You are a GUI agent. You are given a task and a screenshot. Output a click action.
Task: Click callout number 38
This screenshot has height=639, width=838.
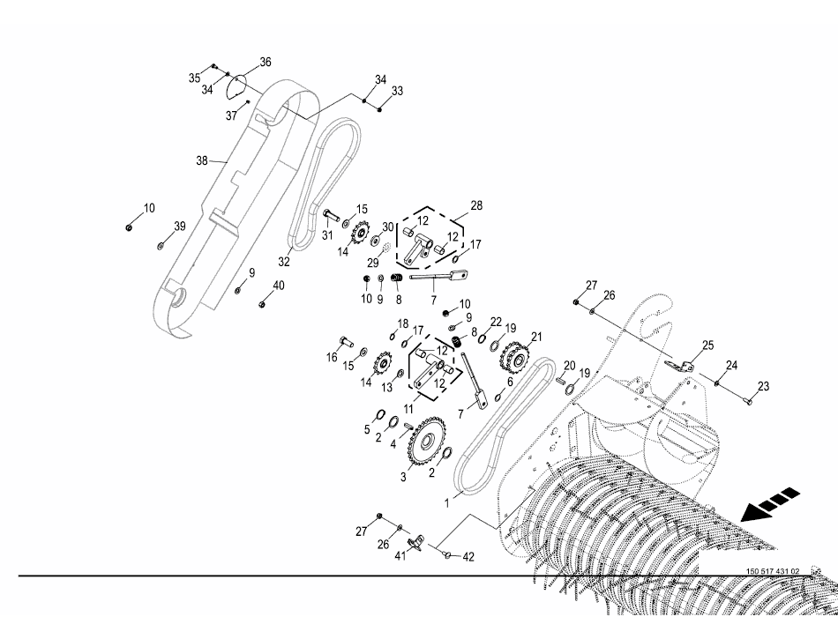[x=201, y=161]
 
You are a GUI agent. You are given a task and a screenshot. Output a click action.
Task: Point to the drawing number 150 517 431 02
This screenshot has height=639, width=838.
[x=773, y=571]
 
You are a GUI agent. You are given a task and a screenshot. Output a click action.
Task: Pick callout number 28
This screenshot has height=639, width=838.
[x=476, y=206]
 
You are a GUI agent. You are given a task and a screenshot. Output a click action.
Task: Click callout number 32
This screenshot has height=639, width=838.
[x=284, y=262]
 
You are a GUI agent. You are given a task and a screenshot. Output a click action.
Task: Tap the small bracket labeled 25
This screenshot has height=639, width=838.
[x=680, y=365]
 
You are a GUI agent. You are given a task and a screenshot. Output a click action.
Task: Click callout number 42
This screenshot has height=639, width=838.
[x=468, y=557]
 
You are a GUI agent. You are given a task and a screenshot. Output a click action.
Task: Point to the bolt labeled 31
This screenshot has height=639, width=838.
[x=330, y=216]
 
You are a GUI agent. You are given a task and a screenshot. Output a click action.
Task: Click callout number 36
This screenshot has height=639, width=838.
[x=265, y=62]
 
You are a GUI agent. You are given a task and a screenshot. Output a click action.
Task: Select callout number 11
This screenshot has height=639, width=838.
[x=409, y=409]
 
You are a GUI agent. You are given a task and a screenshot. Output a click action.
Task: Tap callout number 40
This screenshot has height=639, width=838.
[x=279, y=285]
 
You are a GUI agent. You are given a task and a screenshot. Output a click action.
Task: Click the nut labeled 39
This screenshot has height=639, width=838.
[x=161, y=245]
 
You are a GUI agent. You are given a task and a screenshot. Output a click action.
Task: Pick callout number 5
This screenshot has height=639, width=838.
[x=367, y=429]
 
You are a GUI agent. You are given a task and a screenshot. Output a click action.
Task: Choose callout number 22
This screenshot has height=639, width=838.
[x=496, y=322]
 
